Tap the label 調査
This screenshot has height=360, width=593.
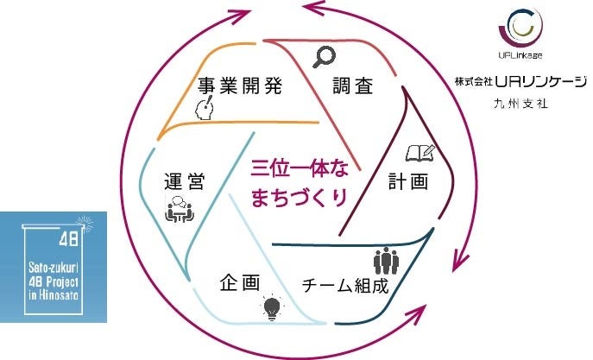(x=353, y=85)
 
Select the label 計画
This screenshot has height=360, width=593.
(x=407, y=182)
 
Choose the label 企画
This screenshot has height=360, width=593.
(x=240, y=283)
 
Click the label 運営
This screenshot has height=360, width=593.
(x=184, y=182)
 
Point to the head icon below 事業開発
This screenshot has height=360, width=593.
(x=205, y=107)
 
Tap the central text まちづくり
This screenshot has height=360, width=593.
(x=299, y=198)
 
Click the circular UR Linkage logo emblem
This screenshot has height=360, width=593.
(x=520, y=29)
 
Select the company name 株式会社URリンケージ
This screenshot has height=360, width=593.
(x=521, y=82)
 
